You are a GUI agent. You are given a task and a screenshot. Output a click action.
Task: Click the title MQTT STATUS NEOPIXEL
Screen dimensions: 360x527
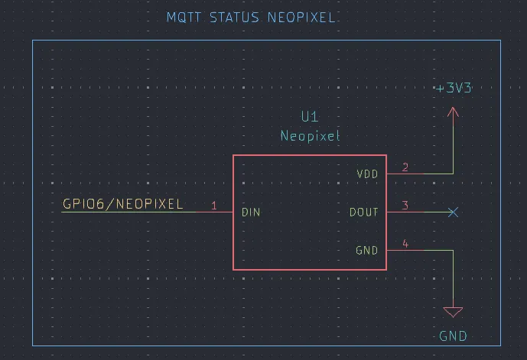pos(251,17)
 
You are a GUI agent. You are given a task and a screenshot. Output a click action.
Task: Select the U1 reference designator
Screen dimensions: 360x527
pos(310,117)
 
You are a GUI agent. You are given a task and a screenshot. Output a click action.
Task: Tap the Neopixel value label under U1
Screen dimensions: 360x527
pos(310,136)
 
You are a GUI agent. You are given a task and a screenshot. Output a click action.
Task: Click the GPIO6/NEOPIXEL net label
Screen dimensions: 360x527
pos(122,204)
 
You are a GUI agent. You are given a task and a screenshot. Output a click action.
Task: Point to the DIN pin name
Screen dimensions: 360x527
pos(250,212)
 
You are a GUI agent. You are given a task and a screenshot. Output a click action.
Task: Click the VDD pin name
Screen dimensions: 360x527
pos(367,174)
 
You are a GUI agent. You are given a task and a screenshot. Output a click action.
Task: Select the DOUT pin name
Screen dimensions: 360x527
pos(364,212)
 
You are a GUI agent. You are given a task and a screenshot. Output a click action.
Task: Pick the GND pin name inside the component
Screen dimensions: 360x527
pos(366,250)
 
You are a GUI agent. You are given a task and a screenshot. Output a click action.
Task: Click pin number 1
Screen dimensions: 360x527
pos(214,206)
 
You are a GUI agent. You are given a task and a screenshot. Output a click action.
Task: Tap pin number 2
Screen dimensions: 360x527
pos(405,167)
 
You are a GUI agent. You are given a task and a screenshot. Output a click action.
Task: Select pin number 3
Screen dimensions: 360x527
pos(405,206)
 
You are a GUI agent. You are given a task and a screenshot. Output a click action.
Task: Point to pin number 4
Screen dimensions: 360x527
pos(405,244)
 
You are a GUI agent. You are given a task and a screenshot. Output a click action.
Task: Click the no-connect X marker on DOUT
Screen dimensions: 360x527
pos(453,212)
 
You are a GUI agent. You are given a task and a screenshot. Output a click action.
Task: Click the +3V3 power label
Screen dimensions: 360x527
pos(454,88)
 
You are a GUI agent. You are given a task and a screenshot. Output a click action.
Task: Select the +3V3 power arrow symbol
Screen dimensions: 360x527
pos(453,114)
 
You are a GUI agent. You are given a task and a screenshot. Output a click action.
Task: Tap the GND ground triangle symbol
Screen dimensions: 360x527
pos(453,312)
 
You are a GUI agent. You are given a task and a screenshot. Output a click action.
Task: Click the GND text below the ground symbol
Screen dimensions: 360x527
pos(453,336)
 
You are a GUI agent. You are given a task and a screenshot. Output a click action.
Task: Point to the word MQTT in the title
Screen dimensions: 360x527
pos(184,17)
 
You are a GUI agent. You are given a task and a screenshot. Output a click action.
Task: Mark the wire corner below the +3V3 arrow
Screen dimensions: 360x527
pos(453,174)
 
